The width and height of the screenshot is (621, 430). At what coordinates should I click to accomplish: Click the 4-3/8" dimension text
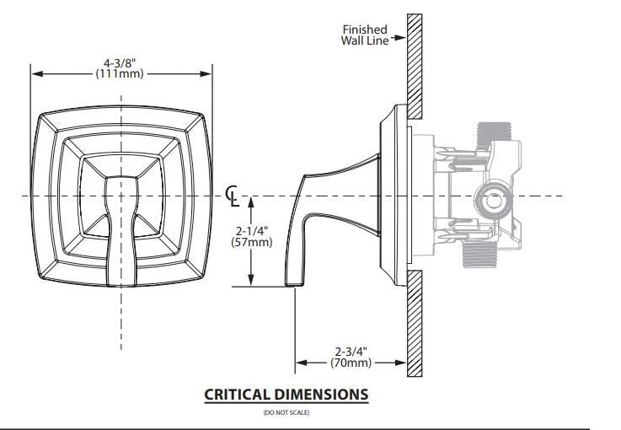(x=120, y=63)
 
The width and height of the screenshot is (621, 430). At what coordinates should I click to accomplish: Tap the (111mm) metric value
(x=120, y=73)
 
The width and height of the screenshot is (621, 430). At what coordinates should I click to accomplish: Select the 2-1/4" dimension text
(x=252, y=231)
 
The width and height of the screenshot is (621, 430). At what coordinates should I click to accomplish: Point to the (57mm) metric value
(x=252, y=242)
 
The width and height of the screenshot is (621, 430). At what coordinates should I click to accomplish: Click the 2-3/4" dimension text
(x=351, y=352)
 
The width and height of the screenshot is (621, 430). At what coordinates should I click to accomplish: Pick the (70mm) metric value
(x=351, y=363)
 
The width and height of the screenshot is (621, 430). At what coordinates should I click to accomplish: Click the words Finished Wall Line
(x=365, y=35)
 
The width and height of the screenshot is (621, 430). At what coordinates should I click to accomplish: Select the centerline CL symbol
(x=233, y=196)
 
